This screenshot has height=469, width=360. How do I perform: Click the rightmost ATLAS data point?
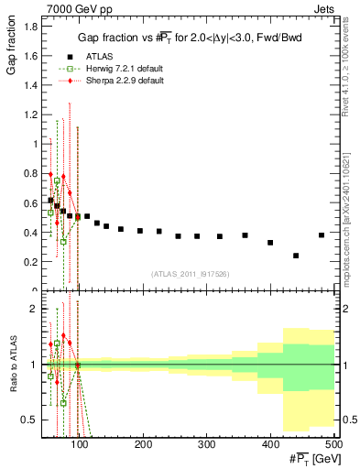pos(322,235)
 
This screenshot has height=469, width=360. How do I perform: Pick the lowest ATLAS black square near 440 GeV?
pos(296,256)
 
